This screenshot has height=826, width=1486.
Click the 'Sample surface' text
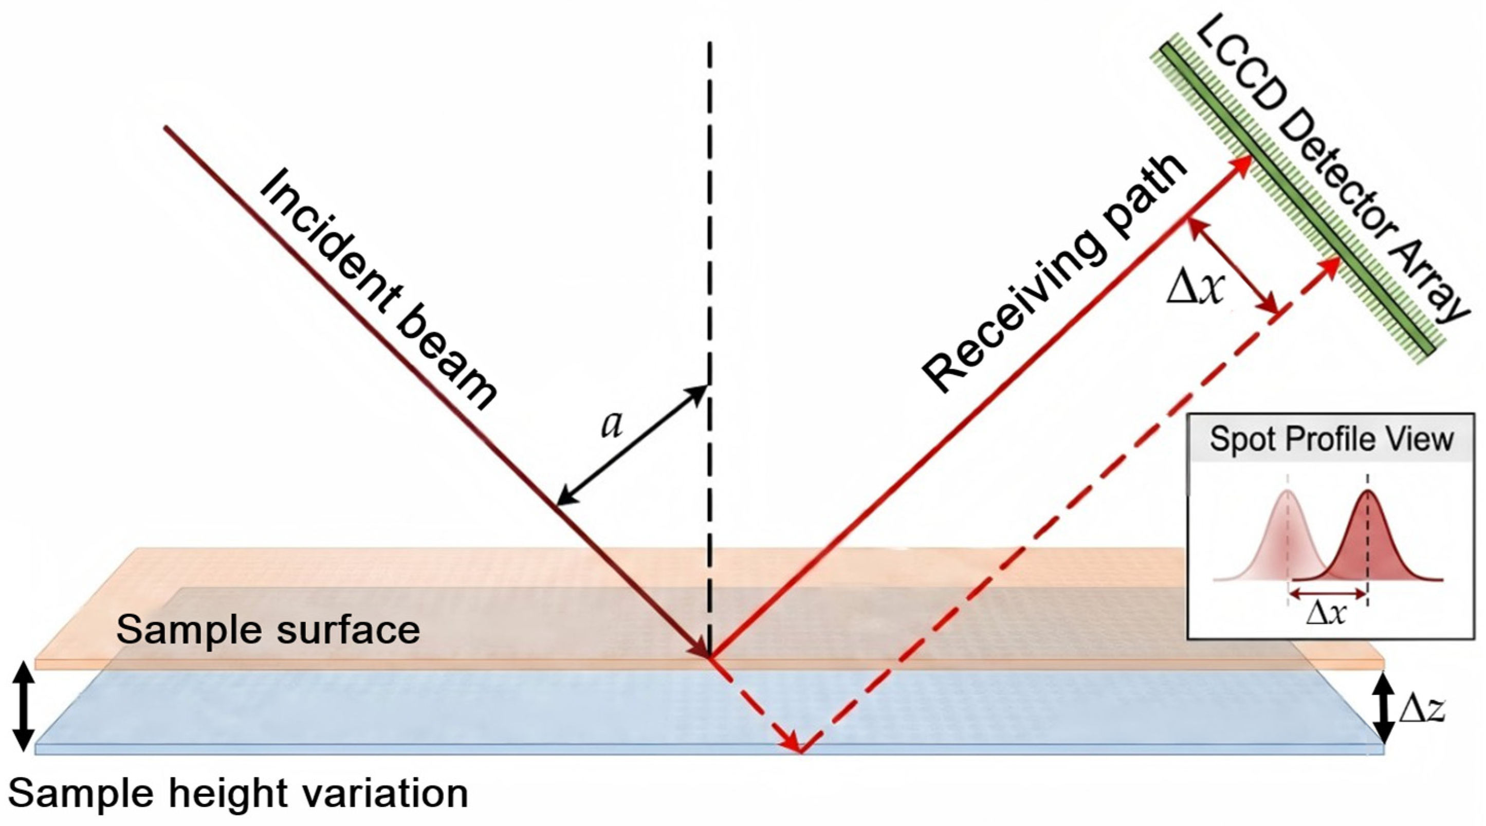pos(268,630)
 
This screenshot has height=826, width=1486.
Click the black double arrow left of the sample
pos(23,707)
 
